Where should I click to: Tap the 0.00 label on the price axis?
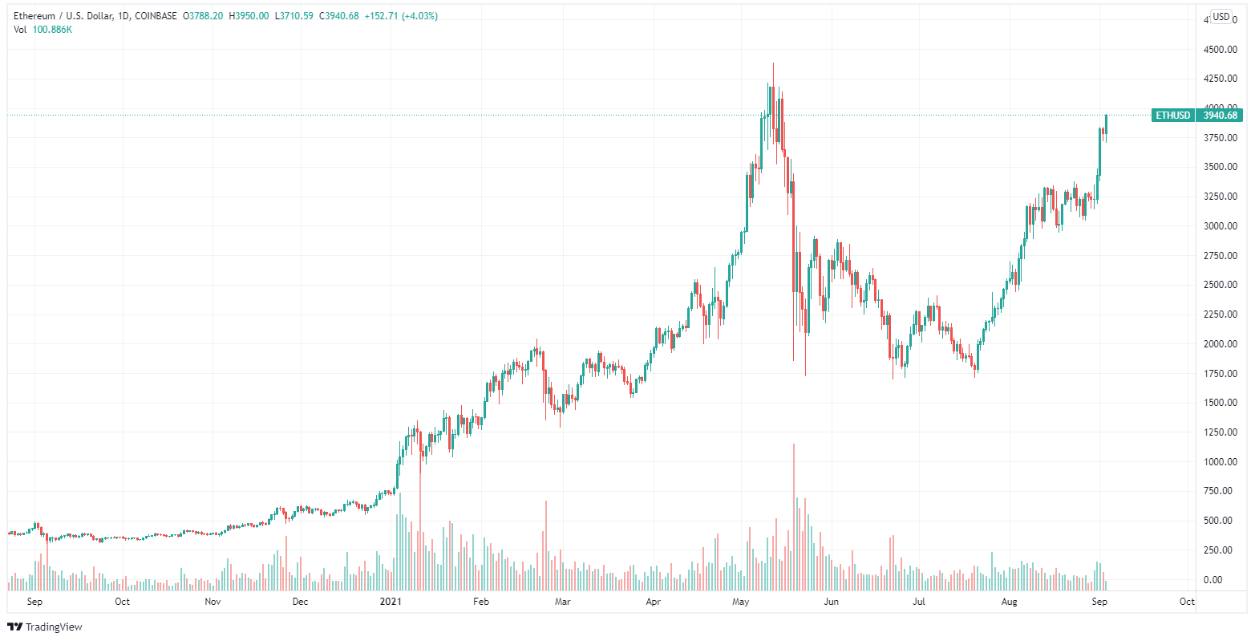click(x=1221, y=580)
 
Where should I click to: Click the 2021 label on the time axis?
click(x=391, y=601)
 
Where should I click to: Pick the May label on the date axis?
click(x=740, y=601)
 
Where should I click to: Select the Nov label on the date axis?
click(x=213, y=601)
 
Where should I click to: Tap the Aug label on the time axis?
click(x=1008, y=601)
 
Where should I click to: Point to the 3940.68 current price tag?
click(x=1221, y=116)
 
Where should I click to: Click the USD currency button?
click(x=1221, y=17)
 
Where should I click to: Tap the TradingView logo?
click(x=45, y=627)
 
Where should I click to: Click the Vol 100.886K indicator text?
click(x=44, y=30)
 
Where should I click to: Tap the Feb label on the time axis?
click(x=480, y=601)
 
